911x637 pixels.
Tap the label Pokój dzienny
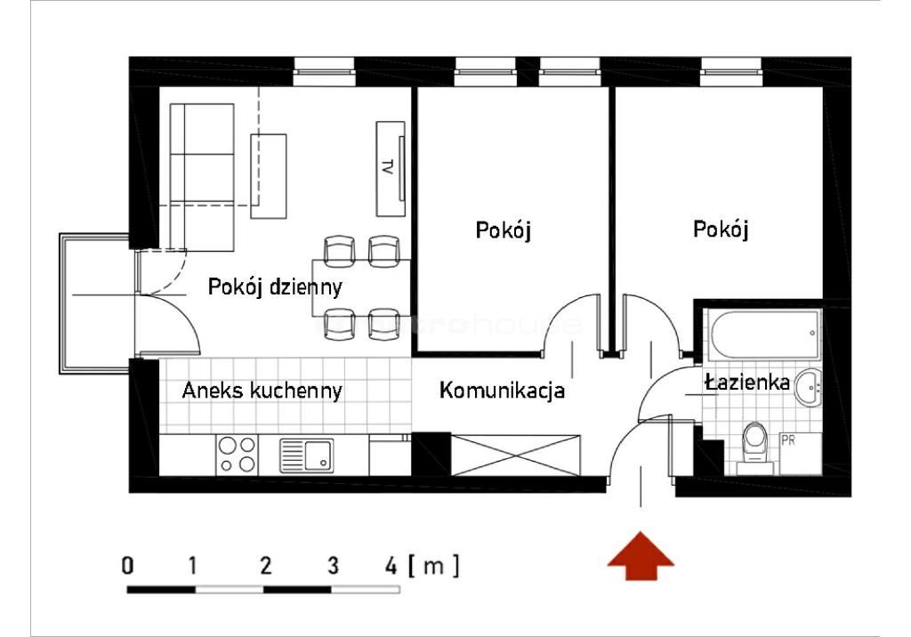pyautogui.click(x=275, y=287)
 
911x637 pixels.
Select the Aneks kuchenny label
pyautogui.click(x=262, y=391)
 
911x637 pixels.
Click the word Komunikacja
pyautogui.click(x=503, y=391)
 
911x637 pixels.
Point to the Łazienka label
pyautogui.click(x=747, y=383)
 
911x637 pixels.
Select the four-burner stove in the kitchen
pyautogui.click(x=237, y=455)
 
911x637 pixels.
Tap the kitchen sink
pyautogui.click(x=306, y=456)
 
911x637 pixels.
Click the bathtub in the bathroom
pyautogui.click(x=763, y=335)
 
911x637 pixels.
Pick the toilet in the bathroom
pyautogui.click(x=756, y=441)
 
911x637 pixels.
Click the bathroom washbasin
pyautogui.click(x=810, y=385)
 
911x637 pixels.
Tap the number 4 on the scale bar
pyautogui.click(x=391, y=565)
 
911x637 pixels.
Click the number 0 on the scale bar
pyautogui.click(x=129, y=565)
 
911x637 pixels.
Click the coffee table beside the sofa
pyautogui.click(x=270, y=176)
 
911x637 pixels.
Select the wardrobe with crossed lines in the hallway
pyautogui.click(x=516, y=455)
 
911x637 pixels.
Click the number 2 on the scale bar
pyautogui.click(x=265, y=565)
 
